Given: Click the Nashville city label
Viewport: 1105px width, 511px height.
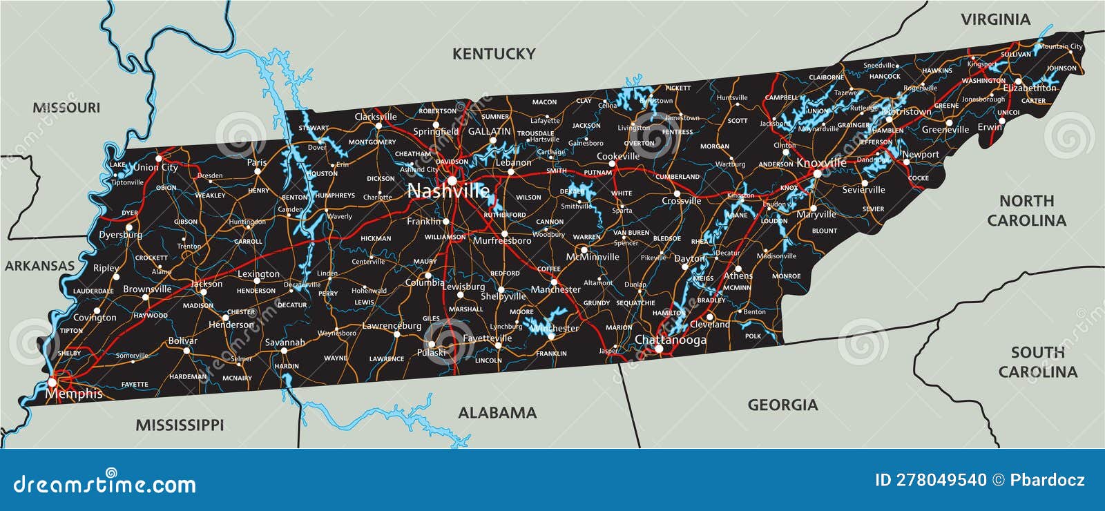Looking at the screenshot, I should coord(448,191).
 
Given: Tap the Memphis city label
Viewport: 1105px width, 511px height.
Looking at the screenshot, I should coord(74,394).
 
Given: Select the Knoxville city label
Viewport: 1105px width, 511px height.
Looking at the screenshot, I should coord(821,163).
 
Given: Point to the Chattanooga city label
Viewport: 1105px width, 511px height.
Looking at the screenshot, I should coord(670,340).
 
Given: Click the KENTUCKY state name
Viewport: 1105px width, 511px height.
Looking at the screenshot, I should coord(494,54).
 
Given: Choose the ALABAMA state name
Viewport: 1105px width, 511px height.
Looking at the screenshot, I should coord(497,413).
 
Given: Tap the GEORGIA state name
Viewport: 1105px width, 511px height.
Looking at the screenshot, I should coord(782,405).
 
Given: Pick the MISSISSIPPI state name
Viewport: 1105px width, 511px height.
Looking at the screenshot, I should coord(180,425).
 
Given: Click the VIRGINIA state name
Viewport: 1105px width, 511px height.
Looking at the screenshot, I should coord(995,19).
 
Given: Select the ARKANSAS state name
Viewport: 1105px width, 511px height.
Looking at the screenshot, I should coord(39,266).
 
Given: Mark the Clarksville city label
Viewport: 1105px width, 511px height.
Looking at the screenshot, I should coord(376,117).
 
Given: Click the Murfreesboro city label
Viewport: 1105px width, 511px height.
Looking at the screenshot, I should coord(502,241).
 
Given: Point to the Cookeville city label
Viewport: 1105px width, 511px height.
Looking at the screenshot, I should coord(618,156).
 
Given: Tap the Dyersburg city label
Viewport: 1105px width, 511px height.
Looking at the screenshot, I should coord(120,235).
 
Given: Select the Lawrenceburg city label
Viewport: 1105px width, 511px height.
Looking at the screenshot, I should coord(392,326).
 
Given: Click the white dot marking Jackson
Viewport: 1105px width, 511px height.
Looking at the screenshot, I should coord(202,291).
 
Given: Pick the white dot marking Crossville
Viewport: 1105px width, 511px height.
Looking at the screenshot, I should coord(677,194).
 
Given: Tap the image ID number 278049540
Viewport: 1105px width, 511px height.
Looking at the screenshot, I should coord(930,481).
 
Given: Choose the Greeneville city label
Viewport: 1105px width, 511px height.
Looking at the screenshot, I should coord(945,130).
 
